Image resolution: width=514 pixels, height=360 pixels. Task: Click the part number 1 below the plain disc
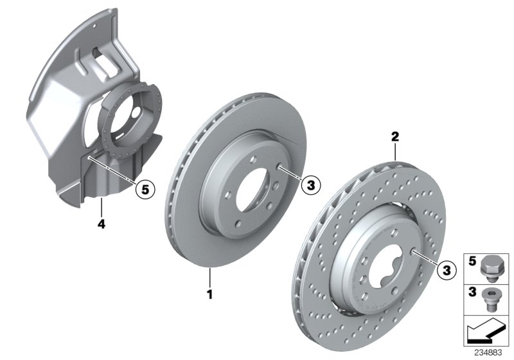coord(209,295)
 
